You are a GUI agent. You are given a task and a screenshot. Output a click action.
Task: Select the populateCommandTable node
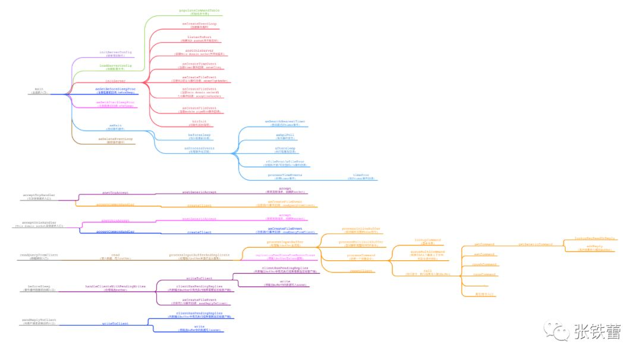tap(199, 11)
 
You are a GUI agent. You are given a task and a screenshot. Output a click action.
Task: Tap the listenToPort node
tap(199, 38)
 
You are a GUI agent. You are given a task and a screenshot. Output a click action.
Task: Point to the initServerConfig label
tap(115, 53)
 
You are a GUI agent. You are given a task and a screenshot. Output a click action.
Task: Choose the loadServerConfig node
tap(115, 66)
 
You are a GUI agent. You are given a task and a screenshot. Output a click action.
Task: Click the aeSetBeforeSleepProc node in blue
tap(115, 89)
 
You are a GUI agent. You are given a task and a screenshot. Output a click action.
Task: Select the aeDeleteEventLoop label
tap(115, 139)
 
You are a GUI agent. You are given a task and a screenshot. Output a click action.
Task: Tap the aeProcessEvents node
tap(199, 148)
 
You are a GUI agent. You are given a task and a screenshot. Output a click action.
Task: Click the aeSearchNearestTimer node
tap(285, 122)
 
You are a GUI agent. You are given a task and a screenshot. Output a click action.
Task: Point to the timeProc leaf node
tap(361, 176)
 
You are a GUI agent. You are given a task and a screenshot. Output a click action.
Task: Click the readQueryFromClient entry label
tap(39, 255)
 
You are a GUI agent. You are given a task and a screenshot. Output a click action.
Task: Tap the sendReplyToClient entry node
tap(39, 320)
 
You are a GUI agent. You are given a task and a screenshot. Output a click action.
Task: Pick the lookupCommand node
tap(427, 241)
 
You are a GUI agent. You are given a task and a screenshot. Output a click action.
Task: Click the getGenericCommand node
tap(536, 244)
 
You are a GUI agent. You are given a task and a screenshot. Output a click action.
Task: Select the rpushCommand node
tap(484, 264)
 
